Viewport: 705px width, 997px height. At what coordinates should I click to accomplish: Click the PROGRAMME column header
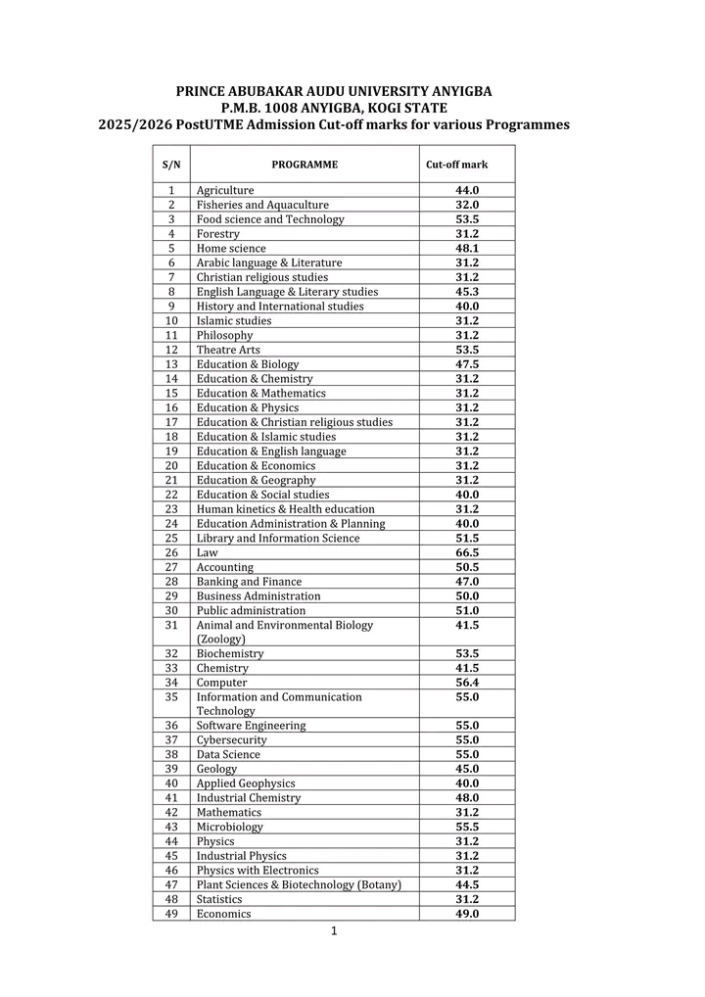[x=305, y=165]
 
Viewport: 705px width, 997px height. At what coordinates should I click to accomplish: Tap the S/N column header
[x=171, y=165]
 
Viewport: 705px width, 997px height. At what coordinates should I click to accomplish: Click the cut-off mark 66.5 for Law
[x=467, y=552]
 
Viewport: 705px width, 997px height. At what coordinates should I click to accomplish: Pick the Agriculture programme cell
[x=225, y=190]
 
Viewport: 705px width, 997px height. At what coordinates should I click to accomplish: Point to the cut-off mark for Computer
[x=467, y=683]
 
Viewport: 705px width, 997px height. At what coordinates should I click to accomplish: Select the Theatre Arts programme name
[x=228, y=350]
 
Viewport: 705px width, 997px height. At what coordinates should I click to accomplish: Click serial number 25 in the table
[x=171, y=538]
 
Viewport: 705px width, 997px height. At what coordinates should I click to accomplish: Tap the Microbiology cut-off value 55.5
[x=467, y=827]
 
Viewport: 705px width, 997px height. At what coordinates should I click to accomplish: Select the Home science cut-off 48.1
[x=467, y=248]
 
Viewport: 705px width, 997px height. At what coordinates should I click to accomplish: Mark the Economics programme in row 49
[x=223, y=914]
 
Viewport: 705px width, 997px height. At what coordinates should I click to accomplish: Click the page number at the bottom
[x=334, y=931]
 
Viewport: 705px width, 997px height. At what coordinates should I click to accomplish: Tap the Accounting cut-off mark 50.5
[x=467, y=567]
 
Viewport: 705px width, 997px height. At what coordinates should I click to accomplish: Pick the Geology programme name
[x=216, y=769]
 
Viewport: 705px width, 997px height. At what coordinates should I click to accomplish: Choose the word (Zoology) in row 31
[x=221, y=639]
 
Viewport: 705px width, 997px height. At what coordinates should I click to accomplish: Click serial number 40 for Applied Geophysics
[x=171, y=783]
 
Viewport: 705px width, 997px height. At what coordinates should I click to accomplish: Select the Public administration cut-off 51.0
[x=467, y=610]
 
